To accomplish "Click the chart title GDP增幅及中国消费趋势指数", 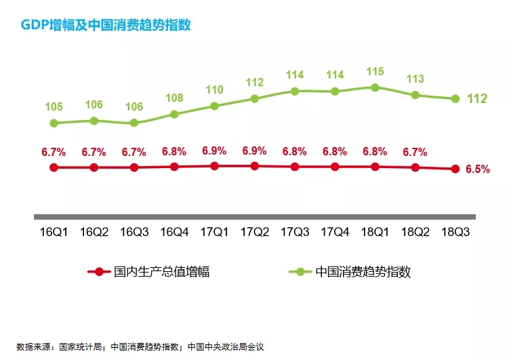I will point(105,25).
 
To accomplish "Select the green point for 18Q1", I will point(375,87).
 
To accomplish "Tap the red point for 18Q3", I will point(455,169).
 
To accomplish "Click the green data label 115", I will point(375,71).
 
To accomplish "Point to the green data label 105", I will point(54,107).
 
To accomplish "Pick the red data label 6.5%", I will point(477,169).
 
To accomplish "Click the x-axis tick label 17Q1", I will point(214,232).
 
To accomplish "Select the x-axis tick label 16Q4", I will point(174,232).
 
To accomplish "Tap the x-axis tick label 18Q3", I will point(455,232).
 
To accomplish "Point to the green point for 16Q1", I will point(54,123).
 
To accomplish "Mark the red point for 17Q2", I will point(254,165).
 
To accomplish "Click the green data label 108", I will point(174,98).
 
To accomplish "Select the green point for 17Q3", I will point(295,91).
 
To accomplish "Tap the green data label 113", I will point(415,79).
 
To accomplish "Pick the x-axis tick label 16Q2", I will point(94,232).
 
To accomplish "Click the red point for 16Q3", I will point(134,167).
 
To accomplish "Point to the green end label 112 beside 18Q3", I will point(477,99).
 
